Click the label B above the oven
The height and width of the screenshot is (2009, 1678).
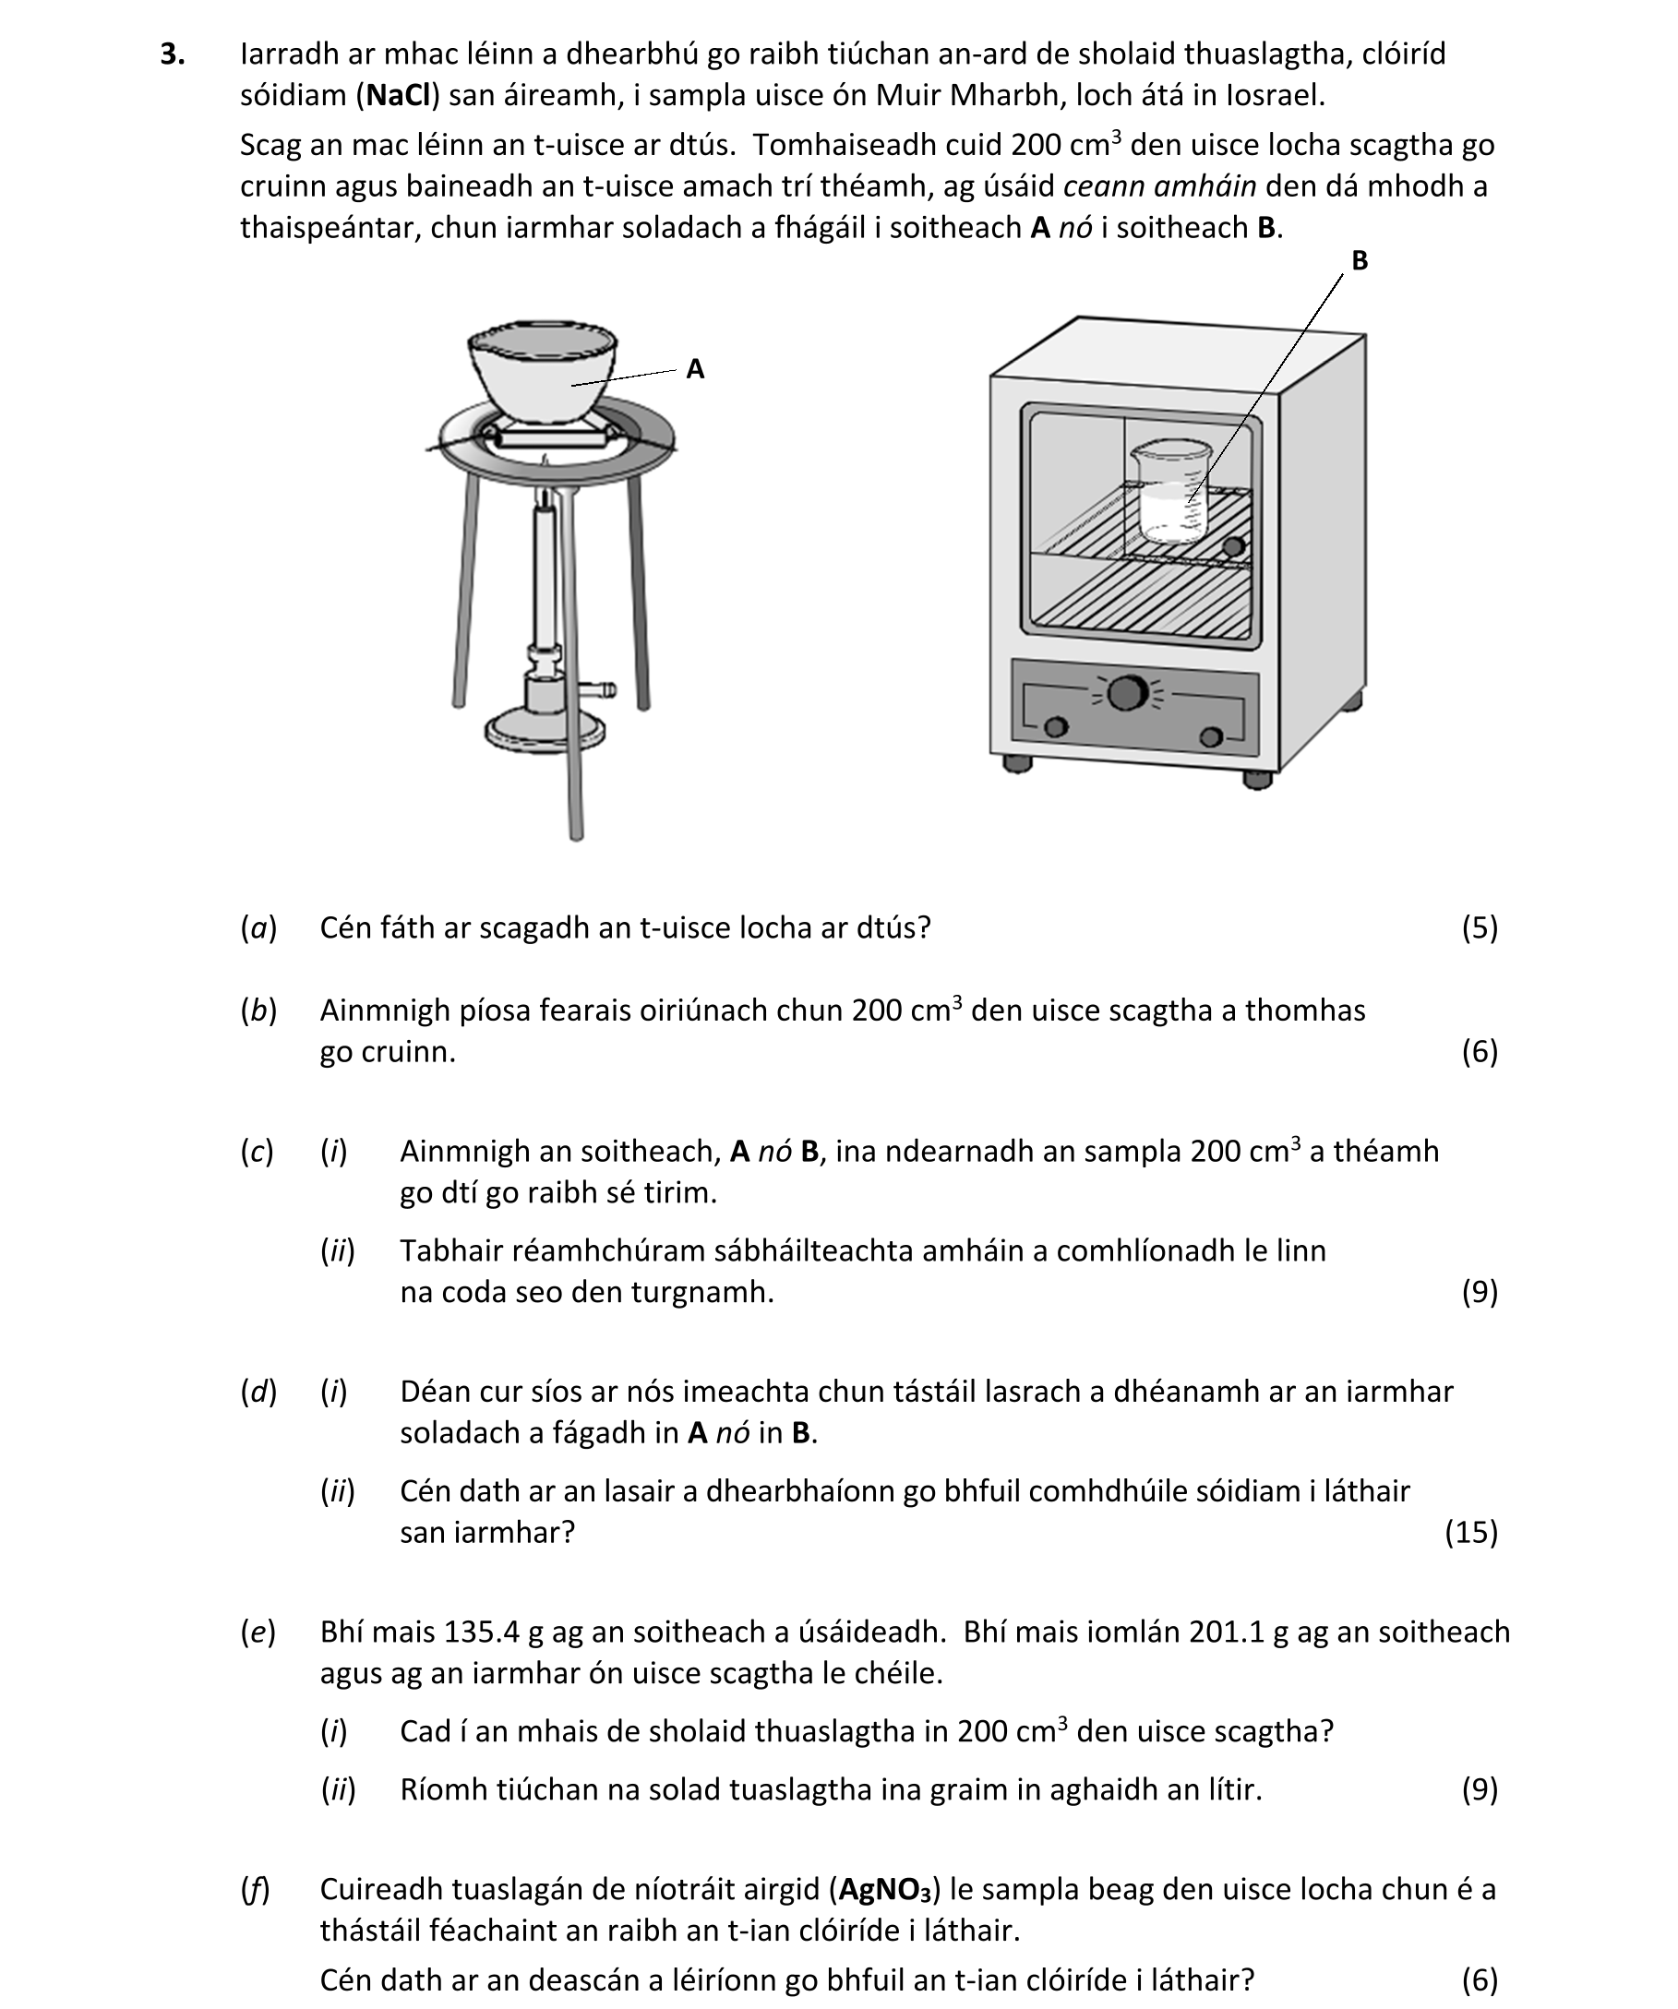1359,260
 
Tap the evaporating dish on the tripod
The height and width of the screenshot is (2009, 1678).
542,373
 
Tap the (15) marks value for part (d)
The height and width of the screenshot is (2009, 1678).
1470,1533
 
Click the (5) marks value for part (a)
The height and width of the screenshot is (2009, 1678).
1479,928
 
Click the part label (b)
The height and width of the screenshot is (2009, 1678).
258,1011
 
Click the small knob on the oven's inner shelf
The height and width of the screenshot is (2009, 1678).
1233,547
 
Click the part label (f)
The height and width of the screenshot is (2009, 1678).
256,1889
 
